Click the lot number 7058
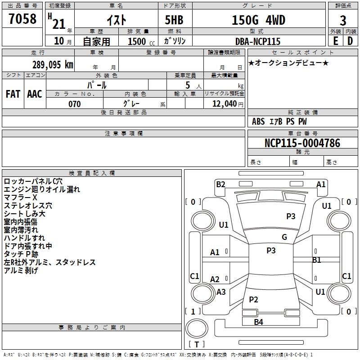[22, 19]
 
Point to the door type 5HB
[174, 20]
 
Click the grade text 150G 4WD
[258, 20]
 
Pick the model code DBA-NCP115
[258, 41]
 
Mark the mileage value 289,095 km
[53, 64]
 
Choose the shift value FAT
[13, 94]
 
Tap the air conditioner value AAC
[34, 94]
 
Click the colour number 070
[74, 104]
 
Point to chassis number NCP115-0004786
[302, 143]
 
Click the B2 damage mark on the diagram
[220, 184]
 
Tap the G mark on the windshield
[284, 237]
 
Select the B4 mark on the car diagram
[258, 322]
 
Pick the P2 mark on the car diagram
[253, 300]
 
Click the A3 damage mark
[221, 292]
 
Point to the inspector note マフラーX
[20, 198]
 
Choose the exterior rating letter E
[335, 41]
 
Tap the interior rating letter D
[351, 41]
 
